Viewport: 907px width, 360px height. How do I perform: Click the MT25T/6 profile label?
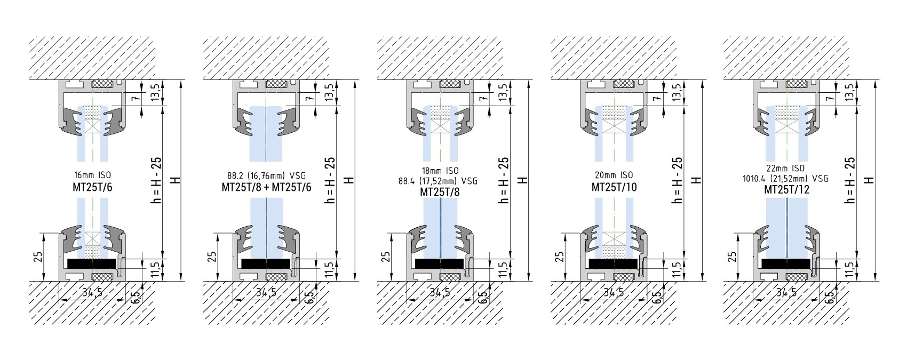92,187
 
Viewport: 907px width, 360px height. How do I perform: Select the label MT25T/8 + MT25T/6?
266,187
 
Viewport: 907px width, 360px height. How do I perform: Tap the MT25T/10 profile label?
614,187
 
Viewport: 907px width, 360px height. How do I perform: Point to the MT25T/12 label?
787,189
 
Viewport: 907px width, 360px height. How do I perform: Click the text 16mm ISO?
92,175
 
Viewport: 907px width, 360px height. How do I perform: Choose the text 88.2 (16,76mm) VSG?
266,176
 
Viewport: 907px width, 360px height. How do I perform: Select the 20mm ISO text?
614,175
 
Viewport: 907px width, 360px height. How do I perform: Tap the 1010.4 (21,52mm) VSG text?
785,179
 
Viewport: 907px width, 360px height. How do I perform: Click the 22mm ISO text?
785,168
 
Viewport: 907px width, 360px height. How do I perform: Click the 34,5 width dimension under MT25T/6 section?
92,292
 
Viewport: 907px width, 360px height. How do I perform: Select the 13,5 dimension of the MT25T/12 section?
849,93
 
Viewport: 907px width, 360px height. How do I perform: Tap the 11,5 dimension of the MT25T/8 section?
502,269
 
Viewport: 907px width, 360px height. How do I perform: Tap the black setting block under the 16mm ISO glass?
92,263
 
